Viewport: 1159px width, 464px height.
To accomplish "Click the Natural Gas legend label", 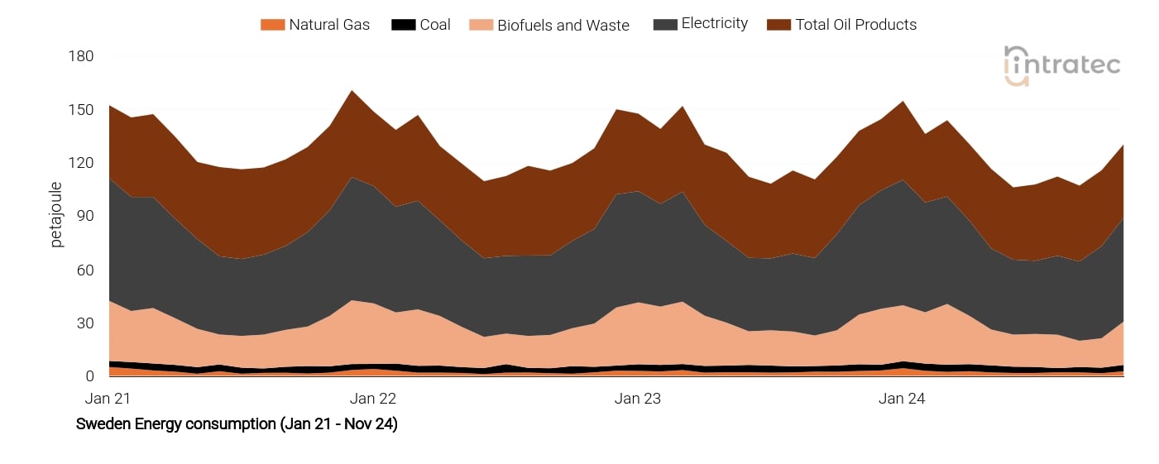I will click(329, 25).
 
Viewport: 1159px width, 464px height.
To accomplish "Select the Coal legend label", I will click(434, 25).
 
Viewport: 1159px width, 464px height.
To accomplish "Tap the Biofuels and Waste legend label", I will click(563, 26).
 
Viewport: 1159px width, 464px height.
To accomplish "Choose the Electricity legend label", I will click(714, 24).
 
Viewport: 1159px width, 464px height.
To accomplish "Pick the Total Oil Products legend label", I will click(855, 25).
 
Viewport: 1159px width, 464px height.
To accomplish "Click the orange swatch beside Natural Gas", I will click(272, 25).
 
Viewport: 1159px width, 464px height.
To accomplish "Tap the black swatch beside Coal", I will click(403, 25).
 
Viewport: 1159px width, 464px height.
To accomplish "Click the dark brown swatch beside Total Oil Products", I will click(779, 25).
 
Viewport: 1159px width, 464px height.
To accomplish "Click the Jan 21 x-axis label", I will click(108, 399).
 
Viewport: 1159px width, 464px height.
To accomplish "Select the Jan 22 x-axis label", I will click(373, 399).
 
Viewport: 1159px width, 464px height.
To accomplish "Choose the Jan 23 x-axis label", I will click(638, 399).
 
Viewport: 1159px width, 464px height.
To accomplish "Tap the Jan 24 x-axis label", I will click(902, 399).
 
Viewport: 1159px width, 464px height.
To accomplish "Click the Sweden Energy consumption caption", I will click(237, 424).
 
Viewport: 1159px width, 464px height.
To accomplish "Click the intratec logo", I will click(1061, 65).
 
